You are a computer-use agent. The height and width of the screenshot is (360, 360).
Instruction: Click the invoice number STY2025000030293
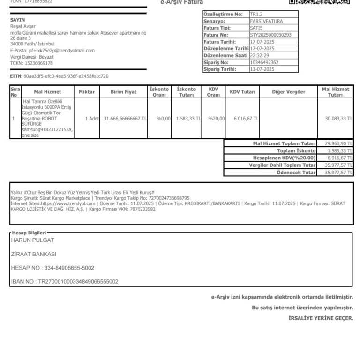point(271,35)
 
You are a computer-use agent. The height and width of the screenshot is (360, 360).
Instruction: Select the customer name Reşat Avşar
point(23,26)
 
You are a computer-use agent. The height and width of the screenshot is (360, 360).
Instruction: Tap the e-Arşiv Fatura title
point(182,2)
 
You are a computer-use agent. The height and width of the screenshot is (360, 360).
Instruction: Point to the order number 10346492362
point(264,62)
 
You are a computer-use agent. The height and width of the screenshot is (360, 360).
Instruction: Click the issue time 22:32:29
point(260,55)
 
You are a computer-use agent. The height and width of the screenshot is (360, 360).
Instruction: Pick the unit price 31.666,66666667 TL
point(125,119)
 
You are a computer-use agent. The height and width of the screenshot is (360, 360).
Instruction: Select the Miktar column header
point(87,92)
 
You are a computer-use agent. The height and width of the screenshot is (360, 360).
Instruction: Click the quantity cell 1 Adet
point(92,119)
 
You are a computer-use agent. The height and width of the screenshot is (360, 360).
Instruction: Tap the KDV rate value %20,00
point(217,119)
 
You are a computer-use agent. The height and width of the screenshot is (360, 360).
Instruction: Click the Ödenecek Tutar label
point(296,172)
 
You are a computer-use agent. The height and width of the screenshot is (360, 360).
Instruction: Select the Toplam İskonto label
point(296,151)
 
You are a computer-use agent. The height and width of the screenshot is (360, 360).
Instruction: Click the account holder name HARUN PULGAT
point(32,240)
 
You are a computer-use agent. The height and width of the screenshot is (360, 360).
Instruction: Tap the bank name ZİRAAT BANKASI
point(33,254)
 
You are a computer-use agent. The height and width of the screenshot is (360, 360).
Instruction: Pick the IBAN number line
point(64,282)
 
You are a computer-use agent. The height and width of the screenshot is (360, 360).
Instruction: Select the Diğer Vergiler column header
point(288,92)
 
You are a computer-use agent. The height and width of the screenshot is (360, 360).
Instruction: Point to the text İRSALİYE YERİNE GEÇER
point(321,318)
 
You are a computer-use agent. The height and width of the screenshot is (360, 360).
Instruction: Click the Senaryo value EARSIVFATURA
point(267,21)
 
